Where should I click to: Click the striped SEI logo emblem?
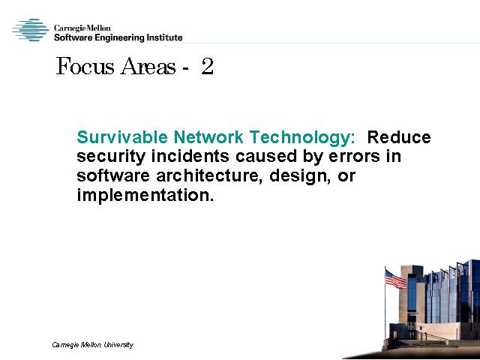31,30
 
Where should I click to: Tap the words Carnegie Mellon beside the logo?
82,28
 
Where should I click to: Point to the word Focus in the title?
85,66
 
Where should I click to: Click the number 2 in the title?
207,66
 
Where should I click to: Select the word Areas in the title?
148,66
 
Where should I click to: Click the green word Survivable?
122,137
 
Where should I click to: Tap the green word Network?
208,137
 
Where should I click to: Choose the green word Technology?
302,138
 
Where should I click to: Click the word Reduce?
399,137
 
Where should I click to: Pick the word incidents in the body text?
190,156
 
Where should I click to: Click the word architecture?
209,175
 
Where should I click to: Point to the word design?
300,177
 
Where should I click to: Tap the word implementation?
145,196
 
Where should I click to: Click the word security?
111,157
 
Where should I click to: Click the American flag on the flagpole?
395,279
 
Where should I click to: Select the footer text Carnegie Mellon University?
93,345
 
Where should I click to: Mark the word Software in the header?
73,38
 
